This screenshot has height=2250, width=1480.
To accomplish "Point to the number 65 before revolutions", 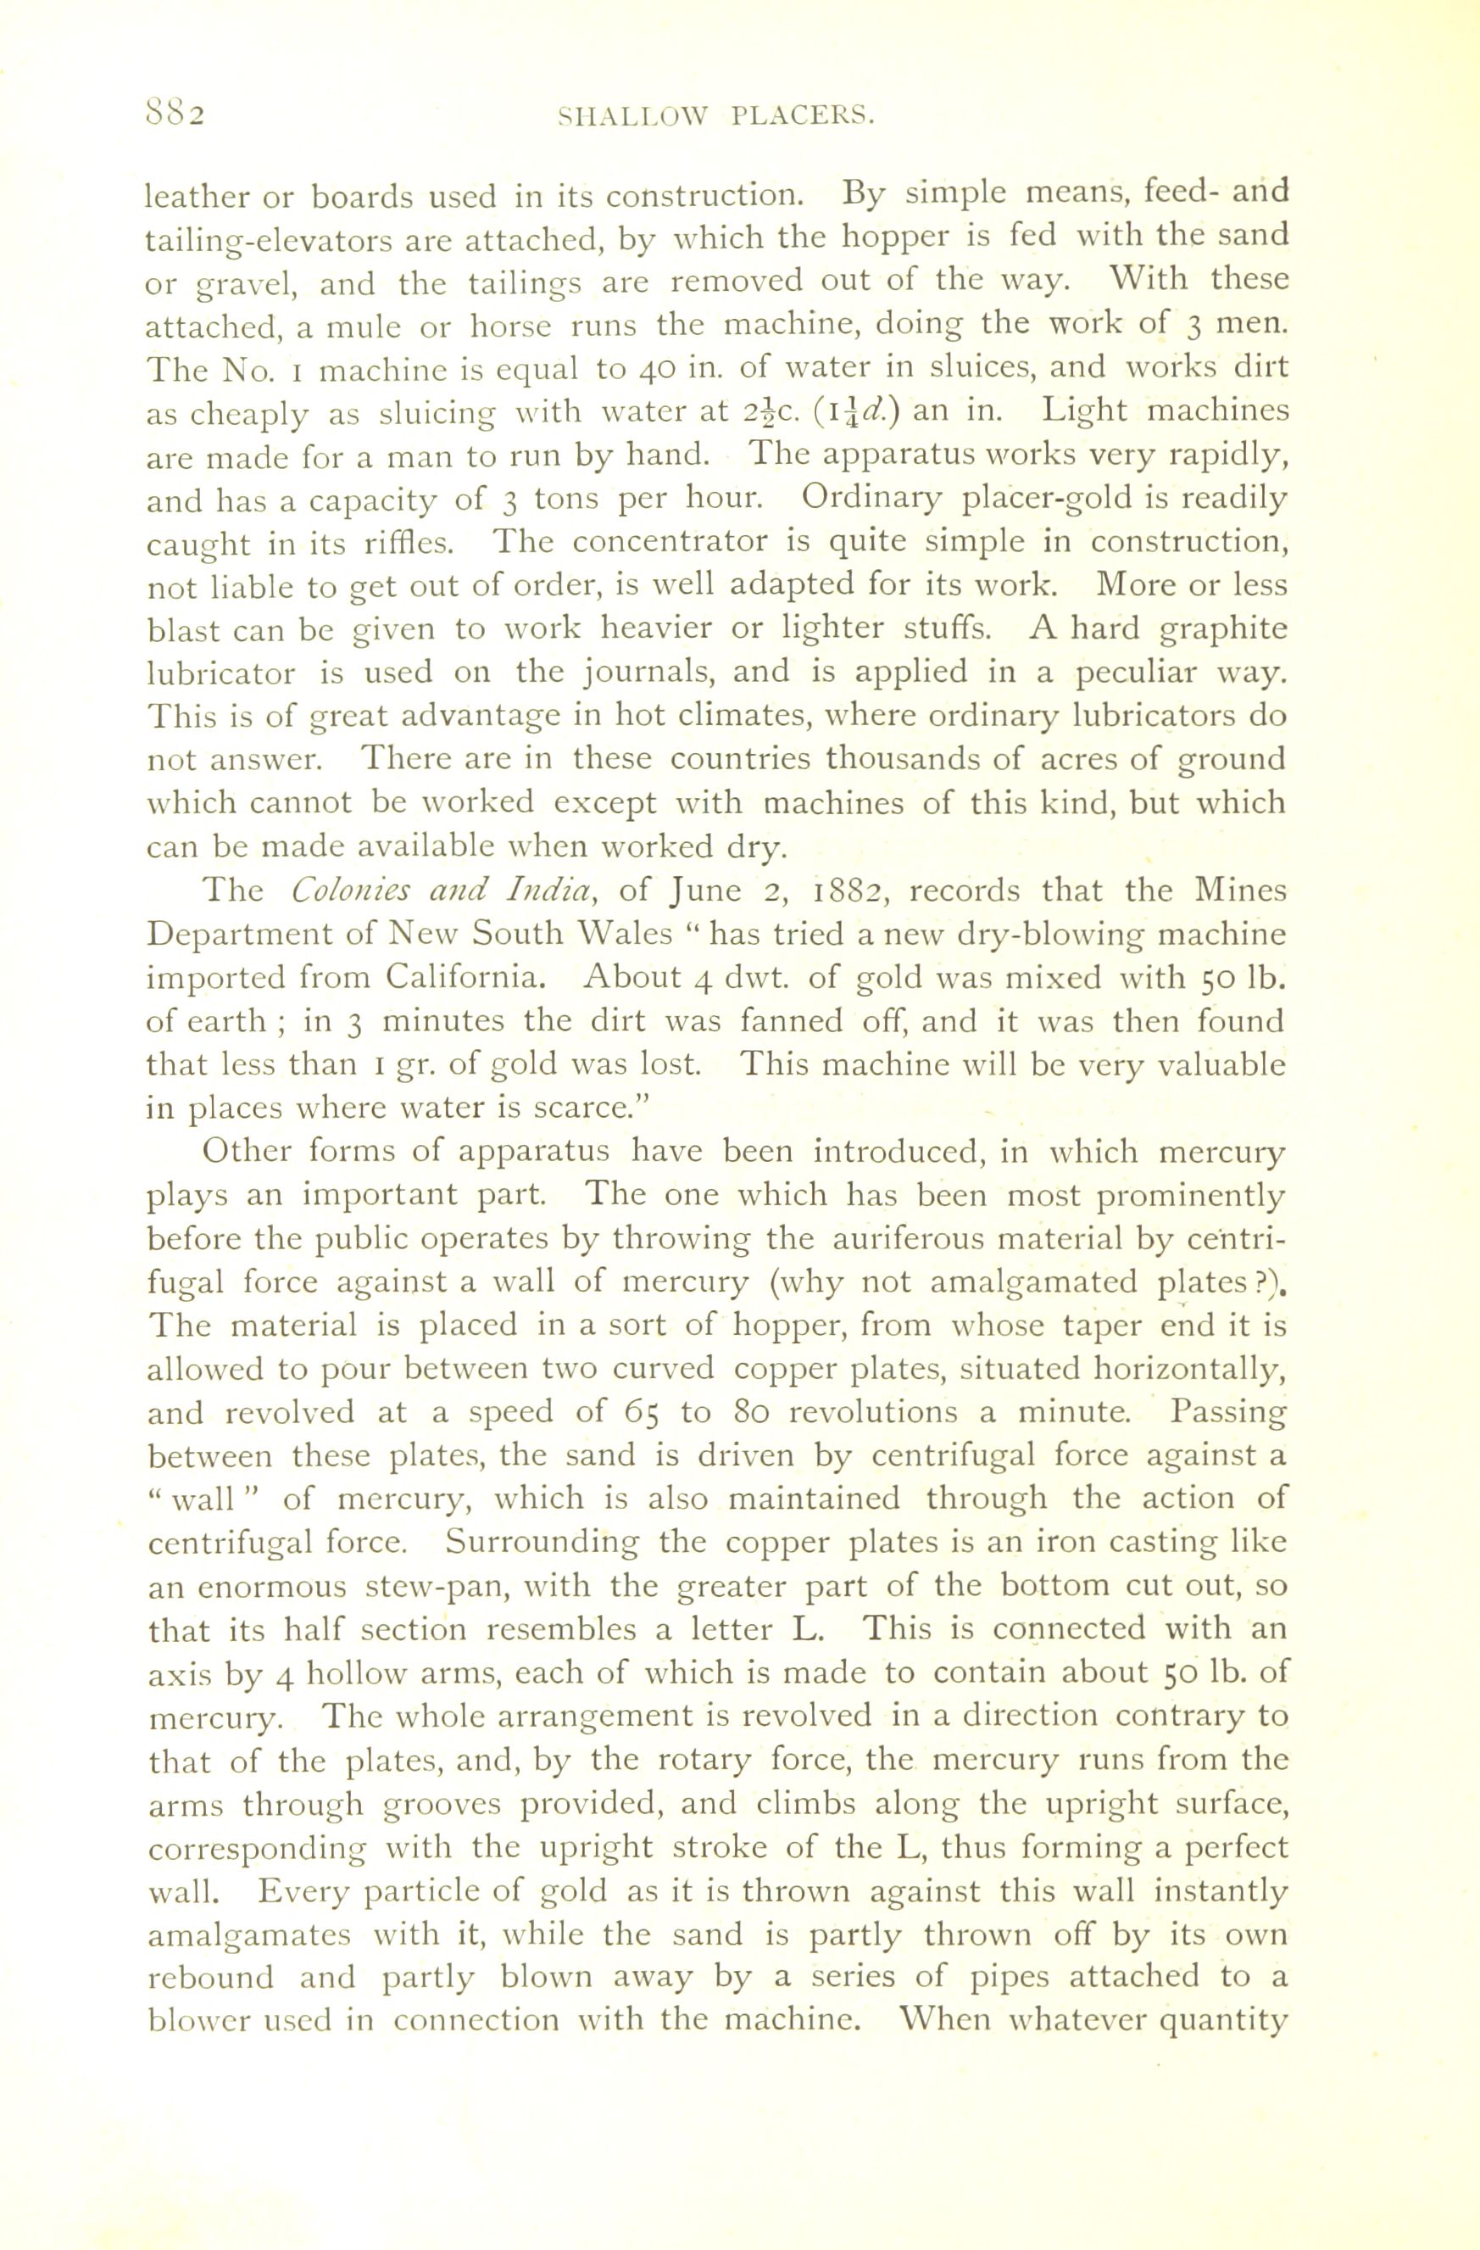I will point(646,1411).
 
